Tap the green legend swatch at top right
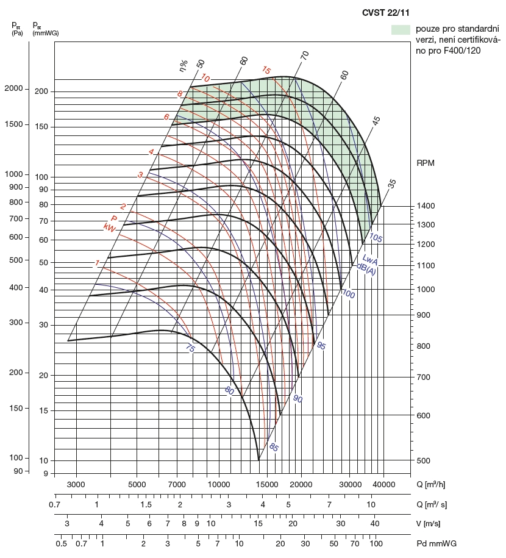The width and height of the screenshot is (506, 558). point(400,29)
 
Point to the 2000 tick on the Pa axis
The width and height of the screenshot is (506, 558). point(13,88)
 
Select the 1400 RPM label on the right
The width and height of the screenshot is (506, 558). point(427,206)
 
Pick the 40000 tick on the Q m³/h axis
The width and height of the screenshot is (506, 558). point(383,484)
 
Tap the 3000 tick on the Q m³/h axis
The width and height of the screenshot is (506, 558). point(76,484)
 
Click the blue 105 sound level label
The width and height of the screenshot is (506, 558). point(376,238)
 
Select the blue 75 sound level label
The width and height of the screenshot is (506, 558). point(190,348)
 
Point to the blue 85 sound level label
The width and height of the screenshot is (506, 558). point(273,448)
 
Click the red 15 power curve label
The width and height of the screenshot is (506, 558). point(266,70)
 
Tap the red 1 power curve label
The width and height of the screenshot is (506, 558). point(97,263)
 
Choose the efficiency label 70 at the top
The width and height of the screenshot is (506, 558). point(305,55)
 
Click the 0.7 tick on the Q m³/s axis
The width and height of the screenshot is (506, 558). point(54,505)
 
